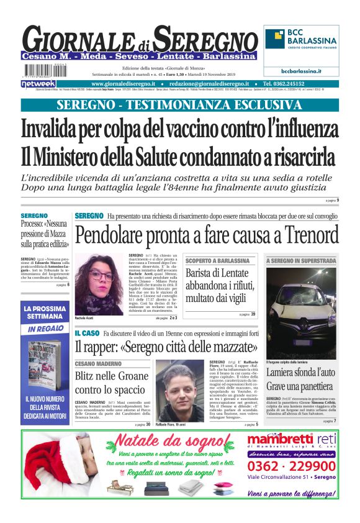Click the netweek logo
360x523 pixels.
[38, 83]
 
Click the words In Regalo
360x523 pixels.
[45, 329]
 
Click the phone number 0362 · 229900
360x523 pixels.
[291, 466]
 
